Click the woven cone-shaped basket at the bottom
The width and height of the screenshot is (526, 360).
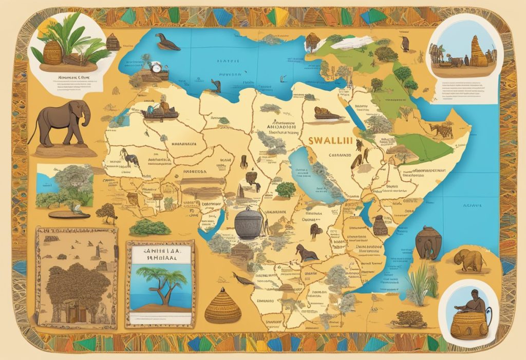tap(222, 306)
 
